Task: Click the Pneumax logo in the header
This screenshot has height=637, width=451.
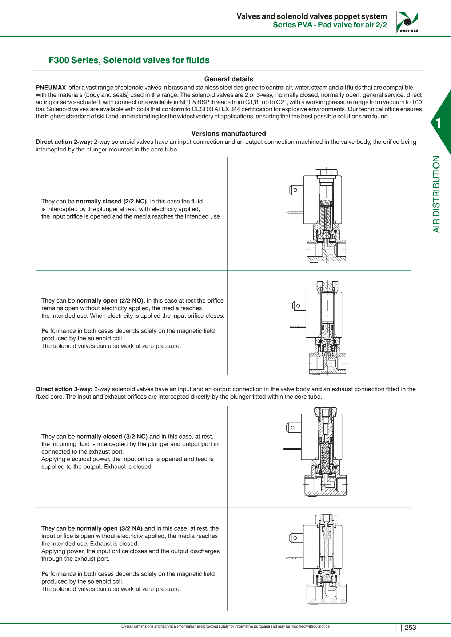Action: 407,22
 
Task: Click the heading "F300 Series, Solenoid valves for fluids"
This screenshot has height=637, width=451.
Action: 129,60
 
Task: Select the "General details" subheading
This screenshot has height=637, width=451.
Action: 228,79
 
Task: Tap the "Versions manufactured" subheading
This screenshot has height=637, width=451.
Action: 228,134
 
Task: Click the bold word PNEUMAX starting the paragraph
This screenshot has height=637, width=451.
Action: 51,88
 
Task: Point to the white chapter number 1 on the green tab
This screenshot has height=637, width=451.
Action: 438,123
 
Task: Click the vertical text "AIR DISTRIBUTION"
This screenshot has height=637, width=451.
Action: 436,194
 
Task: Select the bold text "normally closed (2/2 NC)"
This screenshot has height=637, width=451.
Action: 111,202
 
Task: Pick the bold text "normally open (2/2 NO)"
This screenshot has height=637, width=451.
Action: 110,301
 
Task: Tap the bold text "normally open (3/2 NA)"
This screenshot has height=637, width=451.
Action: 109,528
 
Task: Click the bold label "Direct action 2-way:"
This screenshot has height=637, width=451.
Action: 64,142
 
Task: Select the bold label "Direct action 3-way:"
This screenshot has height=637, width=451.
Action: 64,389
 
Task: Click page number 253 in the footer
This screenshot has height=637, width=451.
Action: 410,628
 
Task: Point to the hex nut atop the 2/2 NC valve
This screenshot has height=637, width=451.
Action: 326,173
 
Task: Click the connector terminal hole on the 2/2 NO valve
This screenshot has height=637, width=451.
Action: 298,306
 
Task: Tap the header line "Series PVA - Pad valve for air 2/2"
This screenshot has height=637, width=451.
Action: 330,25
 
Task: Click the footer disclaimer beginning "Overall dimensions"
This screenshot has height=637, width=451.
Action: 225,626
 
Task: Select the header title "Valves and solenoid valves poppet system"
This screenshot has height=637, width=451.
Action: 312,16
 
